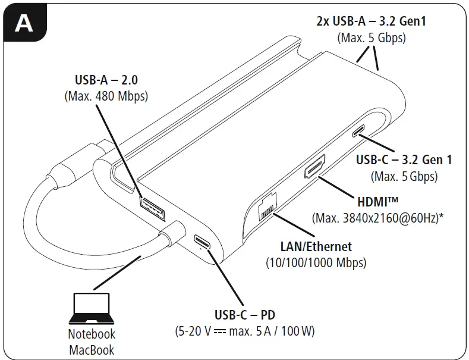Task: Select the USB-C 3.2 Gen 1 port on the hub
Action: pyautogui.click(x=360, y=132)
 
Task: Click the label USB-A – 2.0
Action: pyautogui.click(x=106, y=80)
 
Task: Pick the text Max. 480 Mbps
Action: pyautogui.click(x=106, y=95)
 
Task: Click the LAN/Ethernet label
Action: pyautogui.click(x=316, y=246)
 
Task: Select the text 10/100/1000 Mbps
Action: pyautogui.click(x=316, y=262)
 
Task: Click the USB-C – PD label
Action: pyautogui.click(x=245, y=314)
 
